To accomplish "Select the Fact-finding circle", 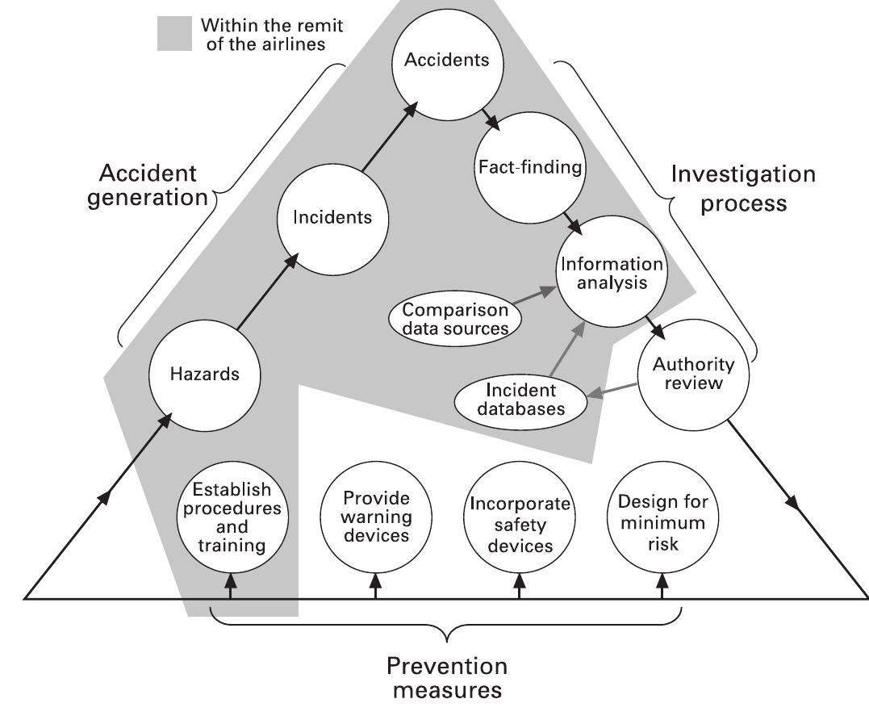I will pos(528,169).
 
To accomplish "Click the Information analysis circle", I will pos(610,274).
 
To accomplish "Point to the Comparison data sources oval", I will pos(455,318).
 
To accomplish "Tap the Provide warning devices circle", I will pos(375,517).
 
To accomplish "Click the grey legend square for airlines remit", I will pos(173,34).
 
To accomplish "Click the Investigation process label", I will pos(743,187).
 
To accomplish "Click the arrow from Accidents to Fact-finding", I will pos(489,119).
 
